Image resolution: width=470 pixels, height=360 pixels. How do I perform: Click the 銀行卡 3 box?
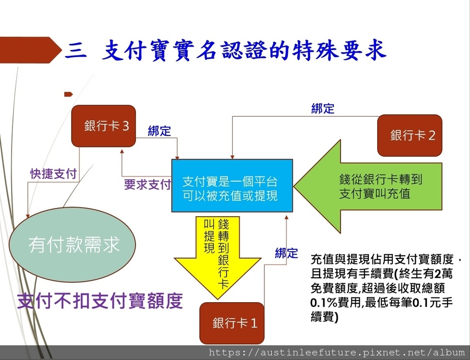[104, 126]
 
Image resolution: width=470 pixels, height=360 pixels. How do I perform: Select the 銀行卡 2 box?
[410, 135]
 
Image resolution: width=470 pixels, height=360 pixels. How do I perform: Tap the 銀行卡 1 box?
[232, 323]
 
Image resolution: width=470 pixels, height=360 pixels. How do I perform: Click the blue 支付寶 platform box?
[232, 186]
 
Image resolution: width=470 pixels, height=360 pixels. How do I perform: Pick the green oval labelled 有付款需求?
[72, 244]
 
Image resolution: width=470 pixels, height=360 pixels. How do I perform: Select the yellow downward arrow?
[218, 258]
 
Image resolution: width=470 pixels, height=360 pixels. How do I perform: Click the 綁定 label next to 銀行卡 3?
[159, 131]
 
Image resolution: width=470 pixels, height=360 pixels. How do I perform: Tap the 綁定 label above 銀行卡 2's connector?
[323, 108]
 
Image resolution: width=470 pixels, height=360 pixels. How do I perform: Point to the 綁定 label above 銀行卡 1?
[286, 253]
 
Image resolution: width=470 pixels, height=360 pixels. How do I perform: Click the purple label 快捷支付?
[54, 174]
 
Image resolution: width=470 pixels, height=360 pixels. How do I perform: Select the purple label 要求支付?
[147, 185]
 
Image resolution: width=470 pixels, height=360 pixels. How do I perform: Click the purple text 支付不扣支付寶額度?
[100, 301]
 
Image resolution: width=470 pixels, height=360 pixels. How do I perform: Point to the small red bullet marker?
[68, 94]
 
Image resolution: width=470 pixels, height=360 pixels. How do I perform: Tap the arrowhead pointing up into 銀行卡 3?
[122, 151]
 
